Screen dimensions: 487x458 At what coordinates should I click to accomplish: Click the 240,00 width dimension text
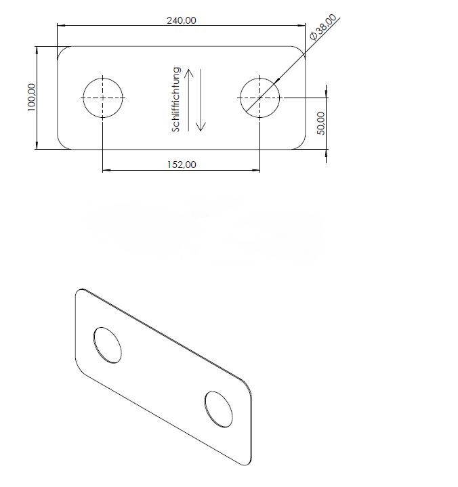[x=181, y=20]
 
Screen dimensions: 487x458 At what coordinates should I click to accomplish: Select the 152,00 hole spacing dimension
[x=181, y=165]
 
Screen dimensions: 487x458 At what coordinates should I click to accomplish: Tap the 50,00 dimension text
[x=321, y=123]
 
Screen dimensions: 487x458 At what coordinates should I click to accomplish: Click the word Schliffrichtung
[x=176, y=98]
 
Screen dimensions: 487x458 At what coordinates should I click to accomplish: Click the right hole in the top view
[x=259, y=98]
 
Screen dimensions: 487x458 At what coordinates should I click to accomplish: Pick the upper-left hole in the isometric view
[x=108, y=345]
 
